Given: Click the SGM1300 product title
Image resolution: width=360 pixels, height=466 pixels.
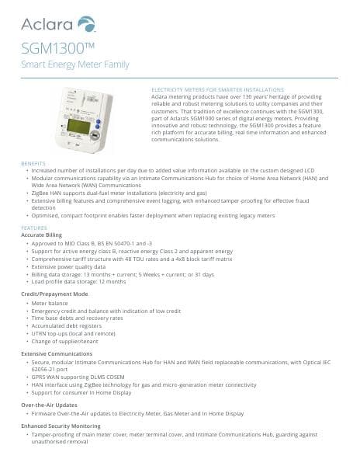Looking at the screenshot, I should point(47,50).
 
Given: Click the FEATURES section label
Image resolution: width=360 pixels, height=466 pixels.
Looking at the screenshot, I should point(33,228).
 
